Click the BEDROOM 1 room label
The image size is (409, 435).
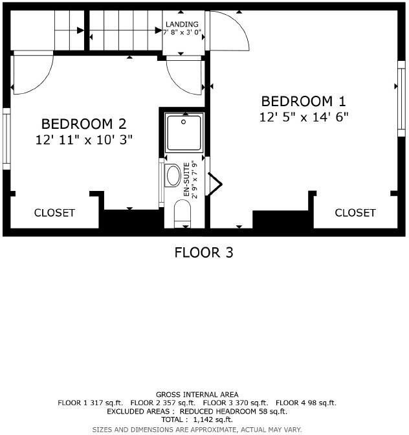[304, 102]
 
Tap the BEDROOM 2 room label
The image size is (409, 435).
[83, 124]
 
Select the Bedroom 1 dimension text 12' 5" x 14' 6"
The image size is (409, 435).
[304, 117]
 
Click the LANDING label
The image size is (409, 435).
[182, 25]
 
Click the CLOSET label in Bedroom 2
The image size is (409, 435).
[54, 212]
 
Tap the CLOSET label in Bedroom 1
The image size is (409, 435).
[355, 212]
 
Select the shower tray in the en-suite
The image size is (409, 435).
[184, 133]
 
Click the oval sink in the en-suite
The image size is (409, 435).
[173, 175]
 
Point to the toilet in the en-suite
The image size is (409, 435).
[183, 212]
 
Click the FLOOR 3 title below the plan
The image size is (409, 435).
[204, 252]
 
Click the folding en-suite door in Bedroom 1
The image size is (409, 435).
[214, 184]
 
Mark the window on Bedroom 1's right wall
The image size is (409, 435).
[399, 98]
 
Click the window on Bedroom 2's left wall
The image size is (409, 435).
[6, 139]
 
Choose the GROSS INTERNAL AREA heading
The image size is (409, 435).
[197, 394]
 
